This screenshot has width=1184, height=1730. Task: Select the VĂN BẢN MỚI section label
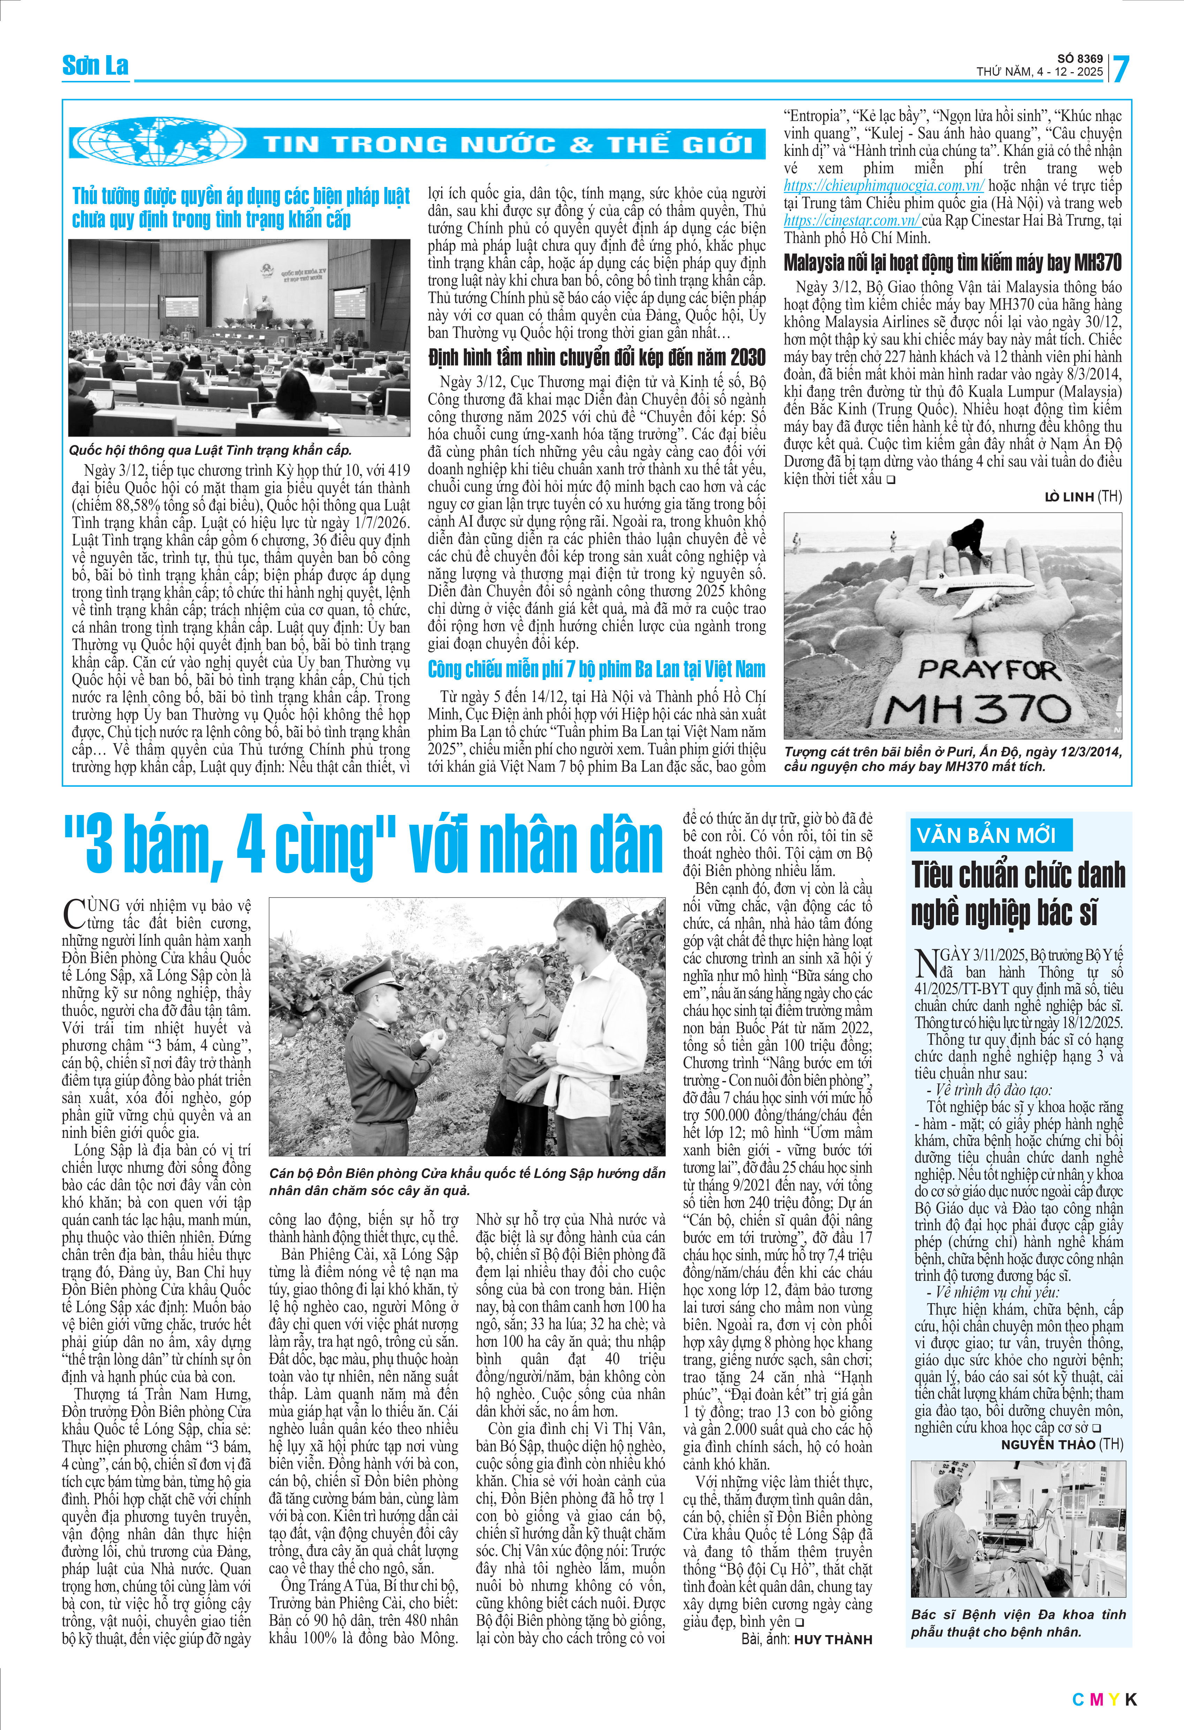click(986, 835)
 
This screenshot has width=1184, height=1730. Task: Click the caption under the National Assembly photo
click(210, 450)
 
